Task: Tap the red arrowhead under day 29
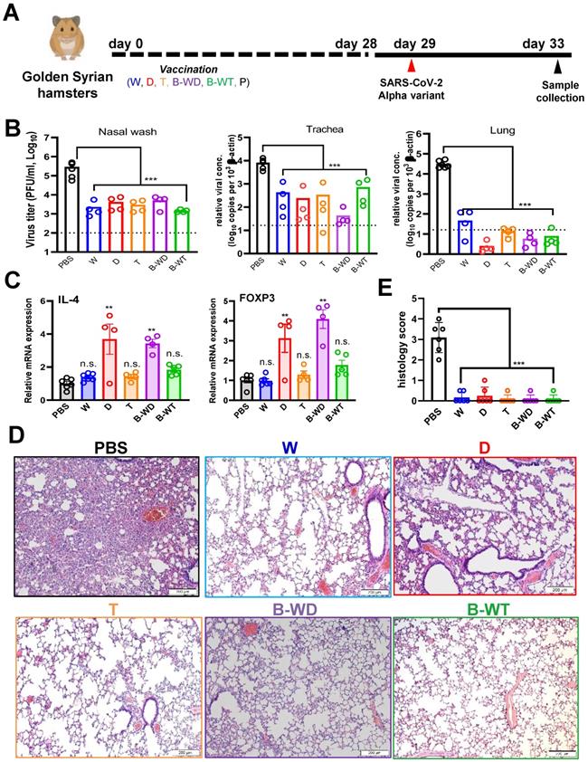click(x=413, y=65)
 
